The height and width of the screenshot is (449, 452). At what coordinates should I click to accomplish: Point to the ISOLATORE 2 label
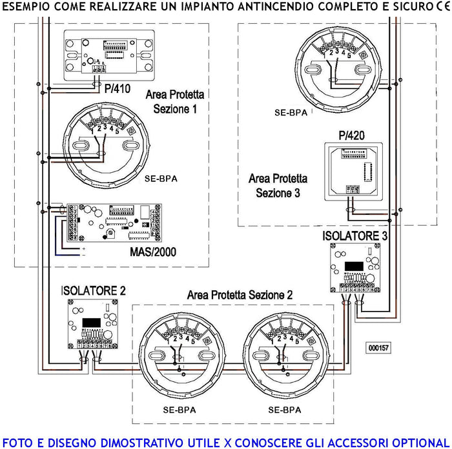pos(93,290)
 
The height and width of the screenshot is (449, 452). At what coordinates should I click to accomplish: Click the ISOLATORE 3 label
pos(354,237)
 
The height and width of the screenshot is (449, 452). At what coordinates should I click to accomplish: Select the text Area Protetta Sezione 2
pos(240,295)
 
